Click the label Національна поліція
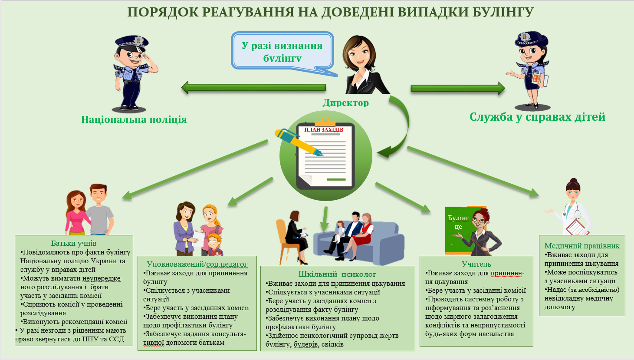134,119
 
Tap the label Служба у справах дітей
537,117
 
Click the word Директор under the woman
345,102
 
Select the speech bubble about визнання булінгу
282,52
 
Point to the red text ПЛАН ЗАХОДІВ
324,130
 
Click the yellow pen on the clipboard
299,142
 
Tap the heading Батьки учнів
74,243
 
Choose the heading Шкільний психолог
337,274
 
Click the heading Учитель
476,264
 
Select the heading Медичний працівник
582,246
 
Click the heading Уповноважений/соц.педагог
197,264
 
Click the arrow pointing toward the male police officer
253,88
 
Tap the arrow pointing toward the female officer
458,88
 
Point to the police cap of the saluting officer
131,42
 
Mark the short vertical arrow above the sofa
325,219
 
